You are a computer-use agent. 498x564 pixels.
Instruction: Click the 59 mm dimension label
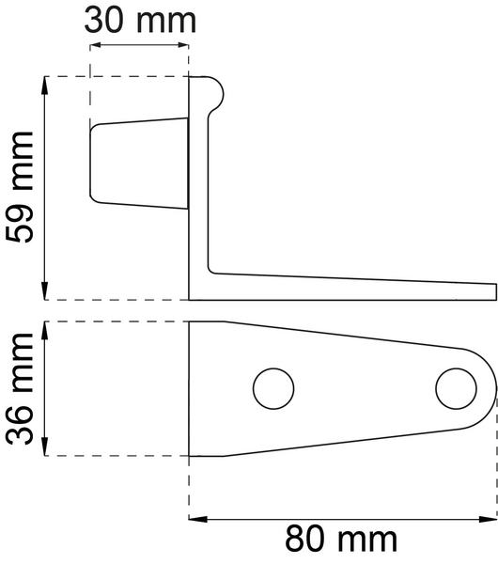point(20,188)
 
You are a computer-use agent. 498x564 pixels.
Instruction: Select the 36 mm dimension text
point(20,388)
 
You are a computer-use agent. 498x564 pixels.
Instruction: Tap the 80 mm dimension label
point(342,540)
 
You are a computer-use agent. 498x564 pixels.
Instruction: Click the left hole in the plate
point(273,387)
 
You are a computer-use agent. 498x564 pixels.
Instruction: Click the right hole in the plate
point(456,387)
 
